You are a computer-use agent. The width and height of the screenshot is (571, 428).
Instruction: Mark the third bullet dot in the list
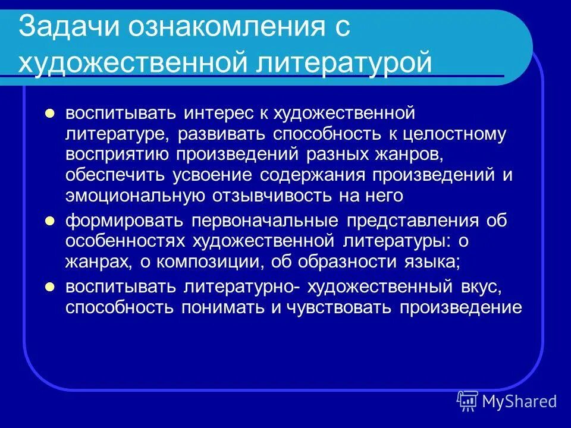point(51,287)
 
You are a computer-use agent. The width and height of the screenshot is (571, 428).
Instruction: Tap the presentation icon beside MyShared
point(468,401)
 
